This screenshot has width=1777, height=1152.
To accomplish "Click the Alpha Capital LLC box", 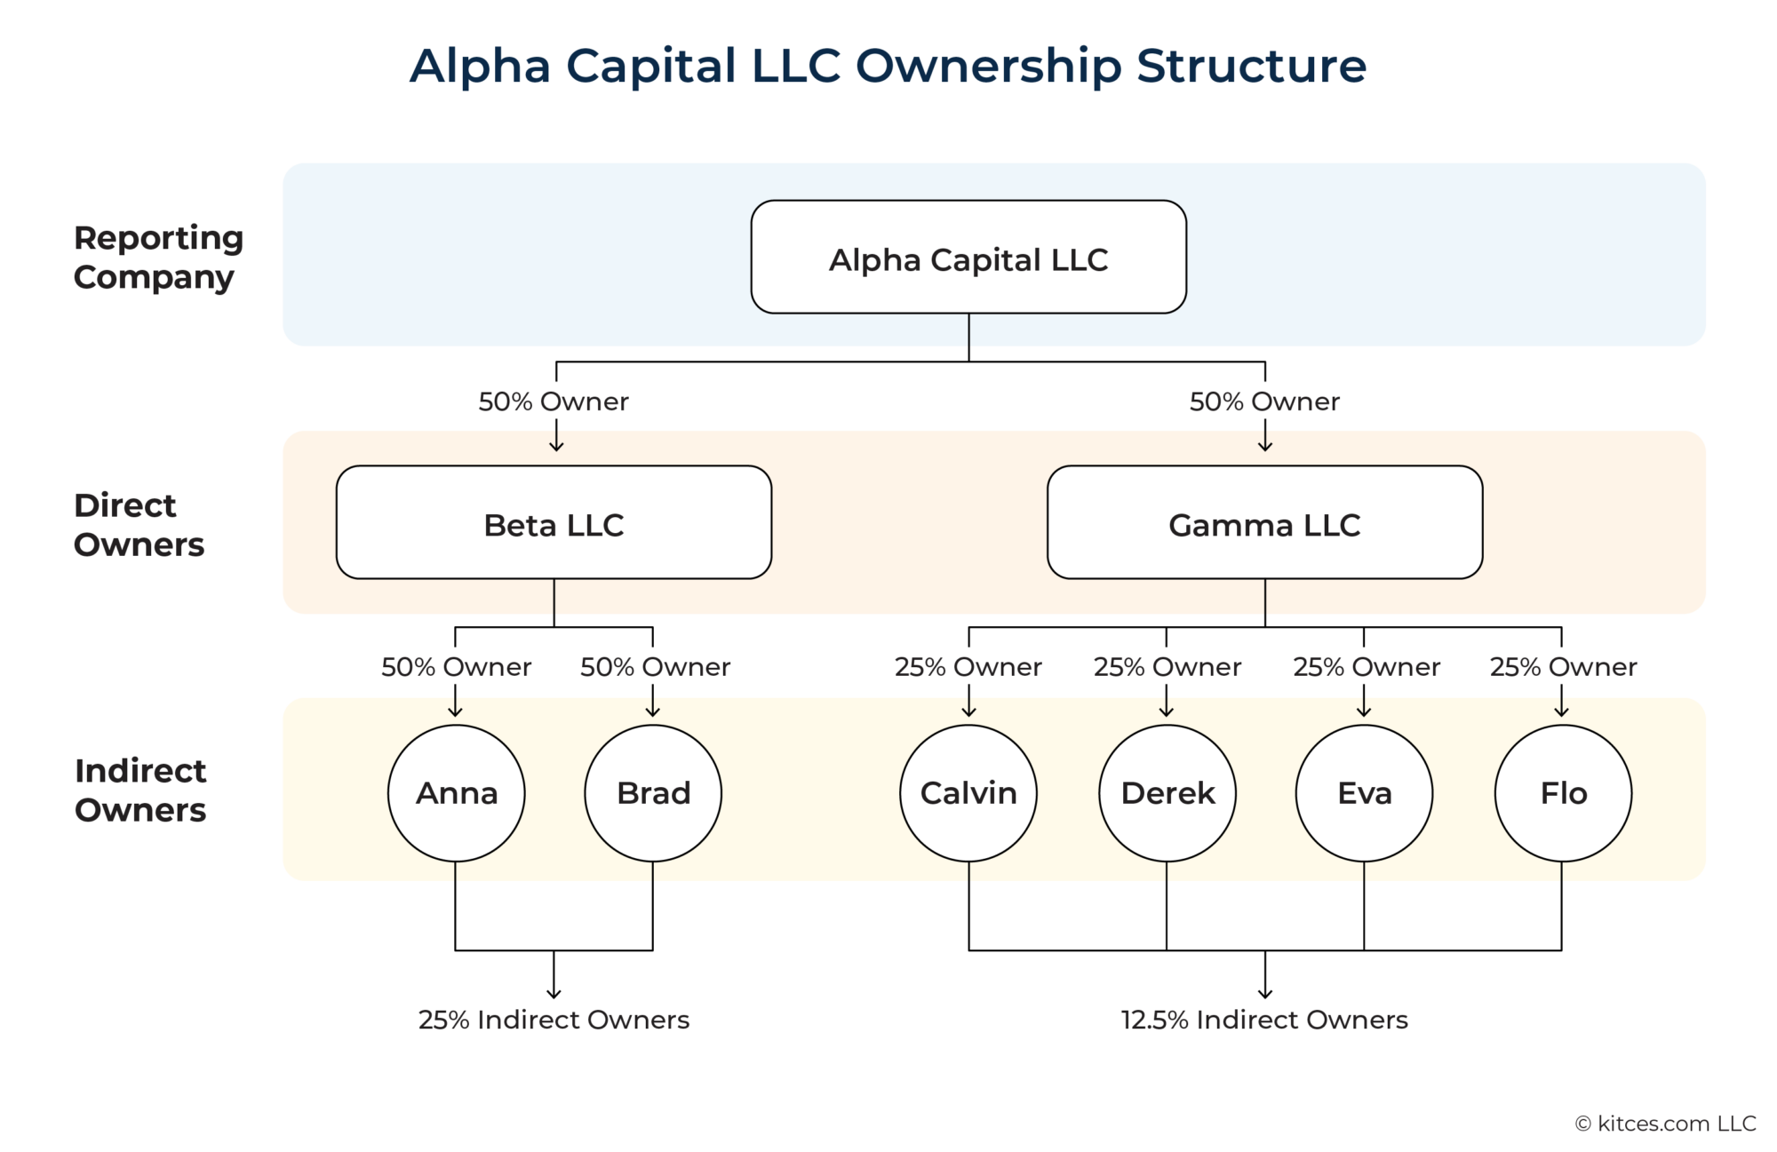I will [968, 258].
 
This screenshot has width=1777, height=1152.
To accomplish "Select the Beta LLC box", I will [554, 523].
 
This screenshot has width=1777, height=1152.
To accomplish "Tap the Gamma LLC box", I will [1264, 523].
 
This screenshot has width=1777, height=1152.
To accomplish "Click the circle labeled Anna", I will [456, 792].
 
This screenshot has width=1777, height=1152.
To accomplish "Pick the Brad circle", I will [653, 792].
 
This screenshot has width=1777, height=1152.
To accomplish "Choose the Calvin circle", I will [968, 792].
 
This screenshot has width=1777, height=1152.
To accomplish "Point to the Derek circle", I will [1167, 792].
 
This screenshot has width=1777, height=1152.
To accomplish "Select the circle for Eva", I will [1364, 792].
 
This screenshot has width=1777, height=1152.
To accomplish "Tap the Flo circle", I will [1563, 792].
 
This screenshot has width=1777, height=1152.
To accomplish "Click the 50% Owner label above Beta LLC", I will [554, 401].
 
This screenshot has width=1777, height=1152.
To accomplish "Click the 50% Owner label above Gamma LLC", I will [1264, 401].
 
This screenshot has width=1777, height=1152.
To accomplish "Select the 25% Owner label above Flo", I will [1563, 667].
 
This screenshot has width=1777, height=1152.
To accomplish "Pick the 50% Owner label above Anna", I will [456, 667].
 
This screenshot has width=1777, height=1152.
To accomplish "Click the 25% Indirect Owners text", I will [554, 1020].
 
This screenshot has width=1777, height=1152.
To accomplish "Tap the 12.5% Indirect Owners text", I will [1264, 1020].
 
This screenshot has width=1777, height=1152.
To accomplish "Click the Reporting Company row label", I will [158, 258].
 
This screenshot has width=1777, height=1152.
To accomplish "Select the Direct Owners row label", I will [139, 524].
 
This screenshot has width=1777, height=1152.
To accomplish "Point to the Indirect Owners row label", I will [140, 791].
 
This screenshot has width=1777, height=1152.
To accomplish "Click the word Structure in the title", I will [1251, 66].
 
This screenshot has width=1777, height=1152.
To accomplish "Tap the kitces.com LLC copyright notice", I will [1666, 1124].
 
